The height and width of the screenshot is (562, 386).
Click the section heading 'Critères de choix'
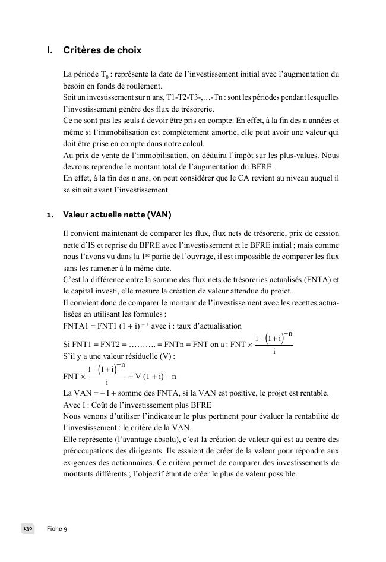click(x=102, y=50)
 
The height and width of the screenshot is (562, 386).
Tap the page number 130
click(x=28, y=528)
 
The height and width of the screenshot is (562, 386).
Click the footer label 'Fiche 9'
click(x=57, y=528)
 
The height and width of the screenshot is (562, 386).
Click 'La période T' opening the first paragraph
click(x=84, y=75)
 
